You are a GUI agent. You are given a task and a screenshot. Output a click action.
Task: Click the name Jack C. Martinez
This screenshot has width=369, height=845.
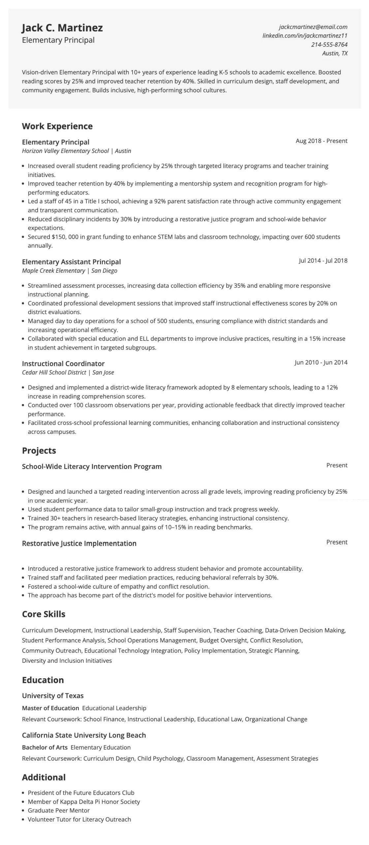(62, 28)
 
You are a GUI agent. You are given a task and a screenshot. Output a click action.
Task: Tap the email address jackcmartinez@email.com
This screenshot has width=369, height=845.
(313, 27)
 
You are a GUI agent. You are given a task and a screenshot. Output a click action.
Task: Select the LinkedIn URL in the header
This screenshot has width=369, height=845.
(305, 36)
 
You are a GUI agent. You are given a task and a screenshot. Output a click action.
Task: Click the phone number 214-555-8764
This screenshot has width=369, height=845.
(329, 45)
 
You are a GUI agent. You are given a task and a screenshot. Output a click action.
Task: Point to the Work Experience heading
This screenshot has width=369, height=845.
(57, 126)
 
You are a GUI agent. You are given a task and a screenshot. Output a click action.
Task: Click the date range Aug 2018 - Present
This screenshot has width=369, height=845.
(321, 141)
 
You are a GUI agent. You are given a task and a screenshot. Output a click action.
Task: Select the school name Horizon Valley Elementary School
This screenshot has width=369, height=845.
(65, 151)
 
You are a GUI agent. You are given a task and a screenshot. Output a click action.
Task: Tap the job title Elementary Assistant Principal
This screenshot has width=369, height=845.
(71, 262)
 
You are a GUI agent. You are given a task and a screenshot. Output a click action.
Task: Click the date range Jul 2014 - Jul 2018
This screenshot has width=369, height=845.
(323, 261)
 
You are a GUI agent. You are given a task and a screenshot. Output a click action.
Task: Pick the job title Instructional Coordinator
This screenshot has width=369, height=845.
(63, 363)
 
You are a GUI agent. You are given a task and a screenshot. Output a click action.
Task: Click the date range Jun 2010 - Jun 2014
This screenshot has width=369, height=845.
(321, 362)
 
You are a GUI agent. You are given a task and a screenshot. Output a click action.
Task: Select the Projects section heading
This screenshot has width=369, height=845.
(39, 451)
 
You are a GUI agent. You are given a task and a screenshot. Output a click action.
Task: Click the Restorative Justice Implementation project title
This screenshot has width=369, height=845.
(79, 543)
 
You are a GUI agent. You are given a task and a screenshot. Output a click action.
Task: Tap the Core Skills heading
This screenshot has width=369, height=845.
(44, 614)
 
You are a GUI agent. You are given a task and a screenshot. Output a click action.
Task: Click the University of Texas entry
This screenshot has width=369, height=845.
(53, 695)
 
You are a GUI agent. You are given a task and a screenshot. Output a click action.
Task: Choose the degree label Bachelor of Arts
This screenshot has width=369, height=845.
(45, 747)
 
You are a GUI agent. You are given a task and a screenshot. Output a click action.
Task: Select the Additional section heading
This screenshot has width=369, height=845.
(44, 777)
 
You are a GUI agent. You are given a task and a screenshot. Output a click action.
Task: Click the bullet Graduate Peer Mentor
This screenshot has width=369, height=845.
(59, 810)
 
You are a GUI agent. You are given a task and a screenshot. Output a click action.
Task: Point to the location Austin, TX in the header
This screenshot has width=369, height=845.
(335, 53)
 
